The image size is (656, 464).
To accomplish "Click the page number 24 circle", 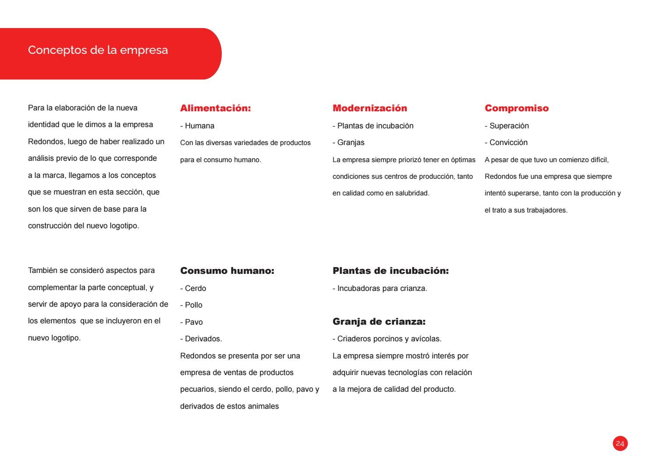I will [x=620, y=444].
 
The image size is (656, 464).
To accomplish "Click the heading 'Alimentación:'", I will [x=216, y=108].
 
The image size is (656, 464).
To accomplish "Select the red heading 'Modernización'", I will [x=370, y=108].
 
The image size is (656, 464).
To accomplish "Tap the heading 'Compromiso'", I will [x=517, y=108].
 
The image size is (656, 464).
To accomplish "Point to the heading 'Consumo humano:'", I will [x=227, y=271].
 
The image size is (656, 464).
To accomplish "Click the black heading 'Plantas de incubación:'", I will [x=391, y=271].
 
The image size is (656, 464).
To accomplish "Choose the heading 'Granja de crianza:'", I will [x=379, y=322].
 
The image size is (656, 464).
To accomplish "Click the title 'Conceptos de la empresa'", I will [x=98, y=50].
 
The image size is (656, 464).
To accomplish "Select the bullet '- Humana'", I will [x=197, y=126].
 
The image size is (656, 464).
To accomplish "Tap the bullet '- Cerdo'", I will [x=193, y=288].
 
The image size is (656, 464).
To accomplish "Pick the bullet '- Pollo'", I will [x=191, y=305].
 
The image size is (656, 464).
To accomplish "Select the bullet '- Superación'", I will [x=507, y=126].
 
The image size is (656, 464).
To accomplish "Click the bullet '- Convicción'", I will [x=506, y=142].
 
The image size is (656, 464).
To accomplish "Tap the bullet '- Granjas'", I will [x=348, y=142].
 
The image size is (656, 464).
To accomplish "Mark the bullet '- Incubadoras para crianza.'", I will [x=379, y=288].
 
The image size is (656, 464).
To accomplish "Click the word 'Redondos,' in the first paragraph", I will [x=46, y=142].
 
